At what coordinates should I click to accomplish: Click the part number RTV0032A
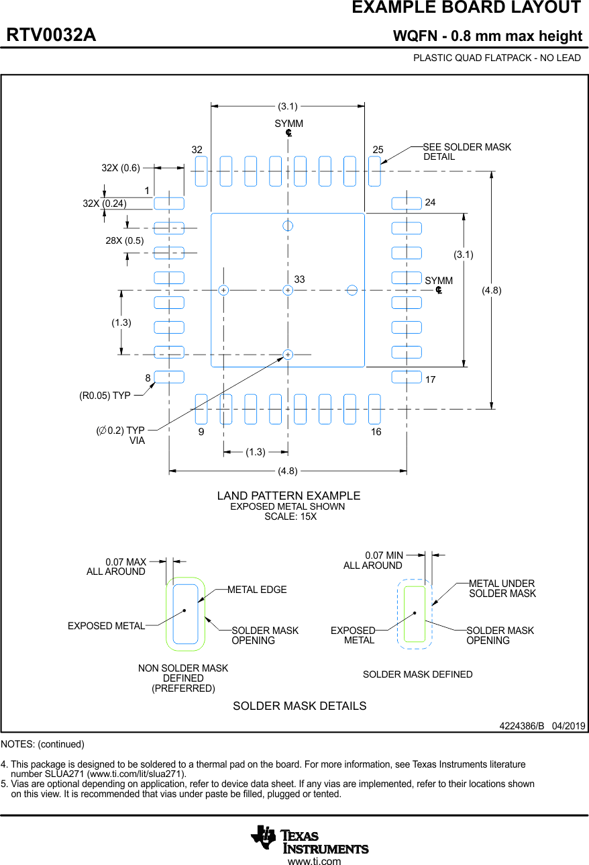pyautogui.click(x=51, y=36)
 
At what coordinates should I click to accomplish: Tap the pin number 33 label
pyautogui.click(x=299, y=279)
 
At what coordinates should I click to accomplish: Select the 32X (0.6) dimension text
pyautogui.click(x=121, y=168)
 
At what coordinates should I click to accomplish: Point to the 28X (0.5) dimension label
pyautogui.click(x=125, y=240)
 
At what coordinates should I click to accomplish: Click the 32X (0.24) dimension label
pyautogui.click(x=105, y=203)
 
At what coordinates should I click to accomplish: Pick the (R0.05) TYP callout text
pyautogui.click(x=105, y=396)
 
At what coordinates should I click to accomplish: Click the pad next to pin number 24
pyautogui.click(x=407, y=203)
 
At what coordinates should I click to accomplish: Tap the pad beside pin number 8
pyautogui.click(x=169, y=377)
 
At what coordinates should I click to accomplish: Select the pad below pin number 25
pyautogui.click(x=374, y=171)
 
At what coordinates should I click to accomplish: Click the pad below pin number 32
pyautogui.click(x=201, y=171)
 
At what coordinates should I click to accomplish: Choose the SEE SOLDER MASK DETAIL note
pyautogui.click(x=466, y=152)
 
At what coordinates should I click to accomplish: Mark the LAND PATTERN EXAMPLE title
pyautogui.click(x=288, y=496)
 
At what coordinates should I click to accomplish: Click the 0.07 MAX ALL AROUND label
pyautogui.click(x=116, y=567)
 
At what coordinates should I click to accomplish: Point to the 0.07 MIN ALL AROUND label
pyautogui.click(x=373, y=560)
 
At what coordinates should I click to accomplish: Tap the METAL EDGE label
pyautogui.click(x=257, y=590)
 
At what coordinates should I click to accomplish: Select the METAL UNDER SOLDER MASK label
pyautogui.click(x=502, y=588)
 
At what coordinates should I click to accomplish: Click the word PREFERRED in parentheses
pyautogui.click(x=183, y=688)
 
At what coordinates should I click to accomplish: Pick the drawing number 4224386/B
pyautogui.click(x=521, y=726)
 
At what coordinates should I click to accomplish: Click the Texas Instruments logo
pyautogui.click(x=309, y=838)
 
